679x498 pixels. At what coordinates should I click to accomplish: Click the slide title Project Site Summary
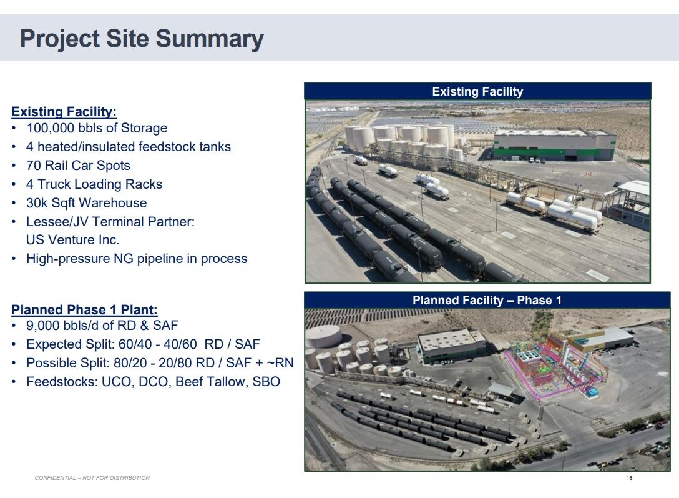(x=142, y=39)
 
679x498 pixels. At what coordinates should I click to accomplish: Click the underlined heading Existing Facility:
(x=64, y=112)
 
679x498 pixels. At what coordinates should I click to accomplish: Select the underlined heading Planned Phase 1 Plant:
(x=84, y=310)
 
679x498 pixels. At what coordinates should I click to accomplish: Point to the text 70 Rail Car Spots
(x=78, y=166)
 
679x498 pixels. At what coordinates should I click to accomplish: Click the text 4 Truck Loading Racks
(x=94, y=184)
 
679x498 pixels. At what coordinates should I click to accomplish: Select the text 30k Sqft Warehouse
(x=86, y=203)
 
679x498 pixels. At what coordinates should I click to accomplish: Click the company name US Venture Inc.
(x=72, y=240)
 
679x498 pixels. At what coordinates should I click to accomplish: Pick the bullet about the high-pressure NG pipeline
(x=136, y=259)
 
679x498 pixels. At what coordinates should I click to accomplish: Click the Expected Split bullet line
(x=142, y=344)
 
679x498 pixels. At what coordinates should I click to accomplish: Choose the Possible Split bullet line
(x=159, y=363)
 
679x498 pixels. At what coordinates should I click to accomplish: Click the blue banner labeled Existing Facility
(x=477, y=92)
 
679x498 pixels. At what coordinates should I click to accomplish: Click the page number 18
(x=628, y=478)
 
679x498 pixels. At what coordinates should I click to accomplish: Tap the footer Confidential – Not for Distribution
(x=92, y=478)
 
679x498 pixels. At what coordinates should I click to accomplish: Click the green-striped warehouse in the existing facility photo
(x=554, y=145)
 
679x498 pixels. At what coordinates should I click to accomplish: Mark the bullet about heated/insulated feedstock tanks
(x=128, y=147)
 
